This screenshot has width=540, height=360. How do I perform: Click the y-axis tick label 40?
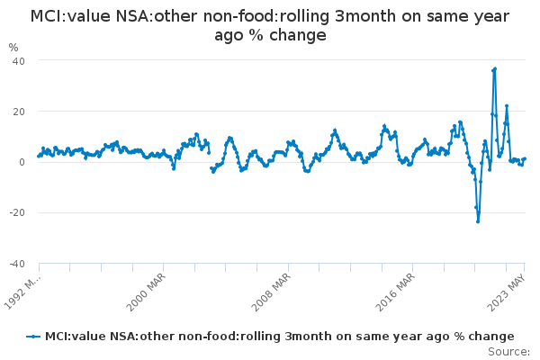[x=19, y=61]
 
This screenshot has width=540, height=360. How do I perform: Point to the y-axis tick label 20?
[x=19, y=112]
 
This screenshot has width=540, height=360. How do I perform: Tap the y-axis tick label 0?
[x=22, y=162]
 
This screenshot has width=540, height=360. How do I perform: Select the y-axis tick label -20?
[x=17, y=212]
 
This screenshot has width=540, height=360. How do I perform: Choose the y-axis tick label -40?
[x=17, y=264]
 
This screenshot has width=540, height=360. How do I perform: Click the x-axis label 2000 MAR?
[x=146, y=292]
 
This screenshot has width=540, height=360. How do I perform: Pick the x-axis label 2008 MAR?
[x=271, y=292]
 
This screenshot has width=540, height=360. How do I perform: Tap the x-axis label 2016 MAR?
[x=395, y=292]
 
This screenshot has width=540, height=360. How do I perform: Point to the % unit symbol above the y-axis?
[x=13, y=48]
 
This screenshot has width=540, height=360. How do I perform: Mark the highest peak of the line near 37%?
[x=495, y=69]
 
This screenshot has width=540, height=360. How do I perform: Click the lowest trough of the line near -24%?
[x=478, y=221]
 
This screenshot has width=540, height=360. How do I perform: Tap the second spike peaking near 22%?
[x=507, y=106]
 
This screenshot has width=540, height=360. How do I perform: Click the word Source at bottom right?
[x=508, y=352]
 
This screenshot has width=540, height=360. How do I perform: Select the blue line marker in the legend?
[x=33, y=337]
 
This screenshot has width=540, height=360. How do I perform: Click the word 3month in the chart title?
[x=365, y=16]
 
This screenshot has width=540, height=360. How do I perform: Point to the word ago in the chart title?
[x=229, y=36]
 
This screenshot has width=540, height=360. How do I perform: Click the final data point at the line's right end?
[x=525, y=158]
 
